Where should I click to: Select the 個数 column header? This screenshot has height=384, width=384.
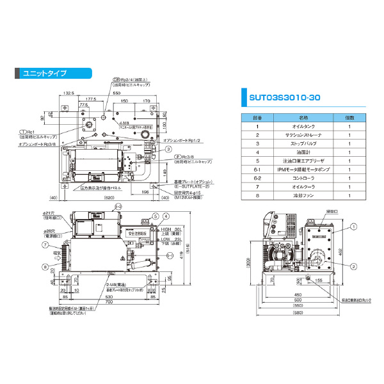pyautogui.click(x=349, y=118)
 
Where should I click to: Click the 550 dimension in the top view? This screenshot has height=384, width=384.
pyautogui.click(x=116, y=93)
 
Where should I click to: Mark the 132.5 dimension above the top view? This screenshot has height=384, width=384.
pyautogui.click(x=69, y=93)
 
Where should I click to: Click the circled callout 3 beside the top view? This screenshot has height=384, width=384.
pyautogui.click(x=168, y=148)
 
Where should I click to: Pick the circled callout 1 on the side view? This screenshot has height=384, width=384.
pyautogui.click(x=351, y=226)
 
